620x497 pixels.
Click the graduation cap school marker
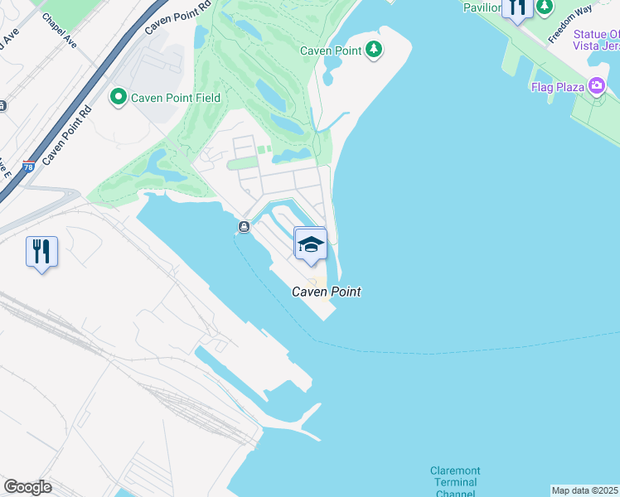point(310,244)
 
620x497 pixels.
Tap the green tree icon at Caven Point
point(375,50)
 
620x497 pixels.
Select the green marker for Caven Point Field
point(118,98)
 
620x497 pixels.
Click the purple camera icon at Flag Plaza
point(595,85)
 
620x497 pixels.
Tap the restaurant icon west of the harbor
point(41,250)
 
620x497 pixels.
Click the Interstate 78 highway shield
point(30,166)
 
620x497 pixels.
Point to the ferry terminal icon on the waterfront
point(244,227)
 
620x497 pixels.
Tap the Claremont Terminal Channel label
point(454,482)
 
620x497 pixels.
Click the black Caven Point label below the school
point(326,292)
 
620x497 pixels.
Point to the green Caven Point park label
point(331,51)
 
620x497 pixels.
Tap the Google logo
point(27,487)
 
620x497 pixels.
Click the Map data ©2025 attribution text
point(584,490)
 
